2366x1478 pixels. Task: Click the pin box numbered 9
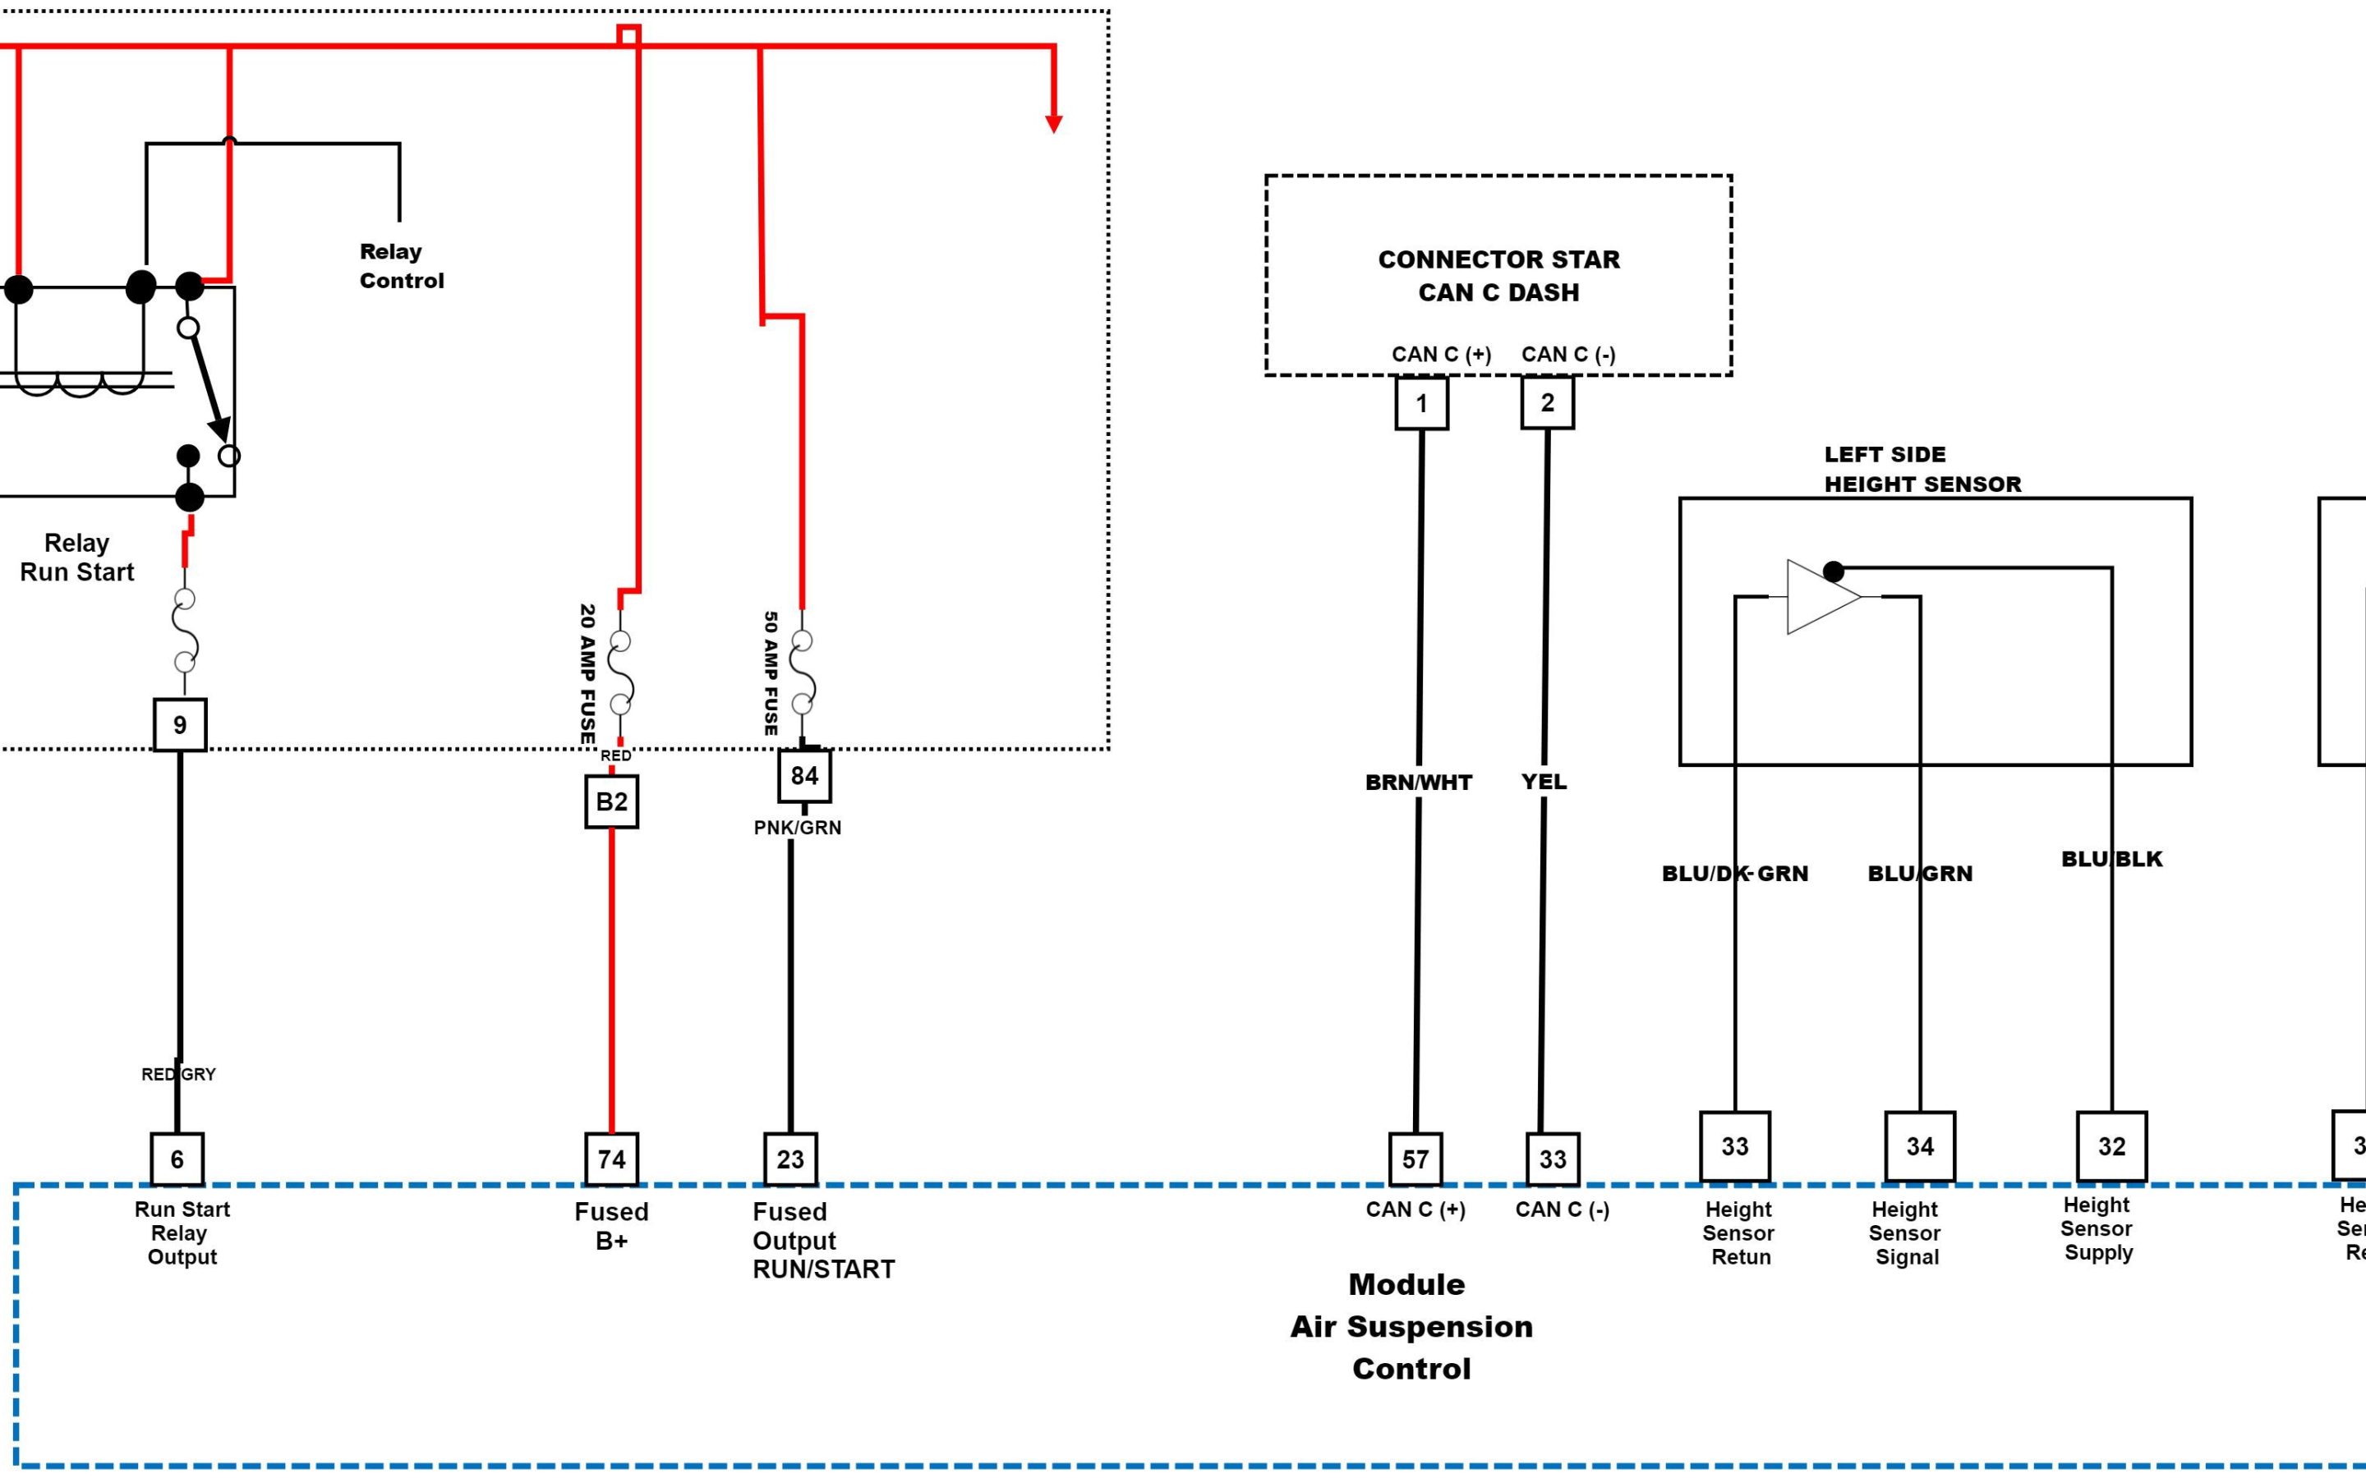click(180, 724)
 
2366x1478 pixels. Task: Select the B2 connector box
click(611, 801)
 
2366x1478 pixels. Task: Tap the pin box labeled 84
click(803, 775)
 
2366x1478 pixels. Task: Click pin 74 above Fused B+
click(611, 1159)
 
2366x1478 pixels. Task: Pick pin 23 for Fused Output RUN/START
click(790, 1159)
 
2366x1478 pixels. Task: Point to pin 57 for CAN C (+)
click(1415, 1159)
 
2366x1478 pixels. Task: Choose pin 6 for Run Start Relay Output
click(177, 1159)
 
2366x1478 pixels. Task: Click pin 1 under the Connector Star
click(1420, 402)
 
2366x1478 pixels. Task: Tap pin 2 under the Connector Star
click(1547, 402)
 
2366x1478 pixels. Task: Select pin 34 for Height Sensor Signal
click(1919, 1145)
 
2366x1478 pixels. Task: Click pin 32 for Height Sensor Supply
click(2111, 1145)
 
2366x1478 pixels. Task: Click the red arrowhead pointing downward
click(1053, 123)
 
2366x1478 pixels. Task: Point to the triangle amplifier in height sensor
click(1821, 596)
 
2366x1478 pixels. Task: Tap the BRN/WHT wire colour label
click(1418, 782)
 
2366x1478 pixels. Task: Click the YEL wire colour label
click(1543, 782)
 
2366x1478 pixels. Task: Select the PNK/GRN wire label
click(797, 828)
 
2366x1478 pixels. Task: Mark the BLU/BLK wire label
click(2111, 859)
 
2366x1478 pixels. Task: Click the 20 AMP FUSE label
click(587, 674)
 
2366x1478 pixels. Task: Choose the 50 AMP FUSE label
click(771, 673)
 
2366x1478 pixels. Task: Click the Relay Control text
click(401, 266)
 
